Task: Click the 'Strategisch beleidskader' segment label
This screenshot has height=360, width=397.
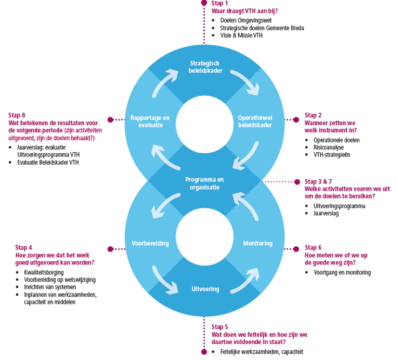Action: pos(205,67)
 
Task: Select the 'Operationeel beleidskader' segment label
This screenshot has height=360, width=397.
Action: pos(255,121)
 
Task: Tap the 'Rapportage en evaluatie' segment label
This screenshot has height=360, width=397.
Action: pos(150,121)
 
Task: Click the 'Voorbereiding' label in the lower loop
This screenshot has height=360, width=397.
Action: pos(150,243)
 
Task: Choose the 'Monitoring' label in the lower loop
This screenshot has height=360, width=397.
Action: pos(258,243)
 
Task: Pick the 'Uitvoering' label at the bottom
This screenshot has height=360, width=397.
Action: pos(205,289)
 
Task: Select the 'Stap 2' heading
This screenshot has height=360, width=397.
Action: pos(313,116)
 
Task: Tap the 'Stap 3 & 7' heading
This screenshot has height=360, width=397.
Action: pos(319,181)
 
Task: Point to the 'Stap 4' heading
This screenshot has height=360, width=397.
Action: pos(23,247)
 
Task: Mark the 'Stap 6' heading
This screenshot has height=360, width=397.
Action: pos(313,248)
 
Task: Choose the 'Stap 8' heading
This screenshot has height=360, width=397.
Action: pos(17,115)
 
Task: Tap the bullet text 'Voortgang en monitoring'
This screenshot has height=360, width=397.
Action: pos(342,273)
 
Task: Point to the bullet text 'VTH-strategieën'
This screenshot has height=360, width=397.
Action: pos(333,155)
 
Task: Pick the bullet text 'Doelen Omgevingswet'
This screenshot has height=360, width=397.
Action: pos(246,21)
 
